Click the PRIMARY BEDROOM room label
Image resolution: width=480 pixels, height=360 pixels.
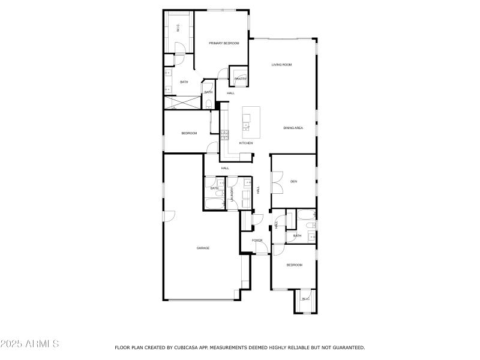(x=224, y=43)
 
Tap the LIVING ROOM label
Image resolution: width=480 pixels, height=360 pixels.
(x=281, y=65)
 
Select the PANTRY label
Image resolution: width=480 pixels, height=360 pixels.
(x=240, y=79)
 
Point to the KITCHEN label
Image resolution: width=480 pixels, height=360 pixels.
(x=246, y=143)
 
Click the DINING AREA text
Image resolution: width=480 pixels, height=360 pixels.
(x=293, y=128)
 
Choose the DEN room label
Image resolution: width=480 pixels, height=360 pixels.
(x=293, y=181)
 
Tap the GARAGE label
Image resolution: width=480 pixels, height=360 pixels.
(x=203, y=248)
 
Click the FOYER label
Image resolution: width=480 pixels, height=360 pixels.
(x=257, y=241)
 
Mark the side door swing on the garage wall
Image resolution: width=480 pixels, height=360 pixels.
(x=169, y=215)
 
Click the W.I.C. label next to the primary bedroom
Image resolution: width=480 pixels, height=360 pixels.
(x=178, y=28)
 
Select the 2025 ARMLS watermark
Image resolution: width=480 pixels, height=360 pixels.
(x=29, y=344)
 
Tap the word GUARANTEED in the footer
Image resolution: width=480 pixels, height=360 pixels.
(x=344, y=347)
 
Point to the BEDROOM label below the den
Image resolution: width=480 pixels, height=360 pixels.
(x=294, y=265)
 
